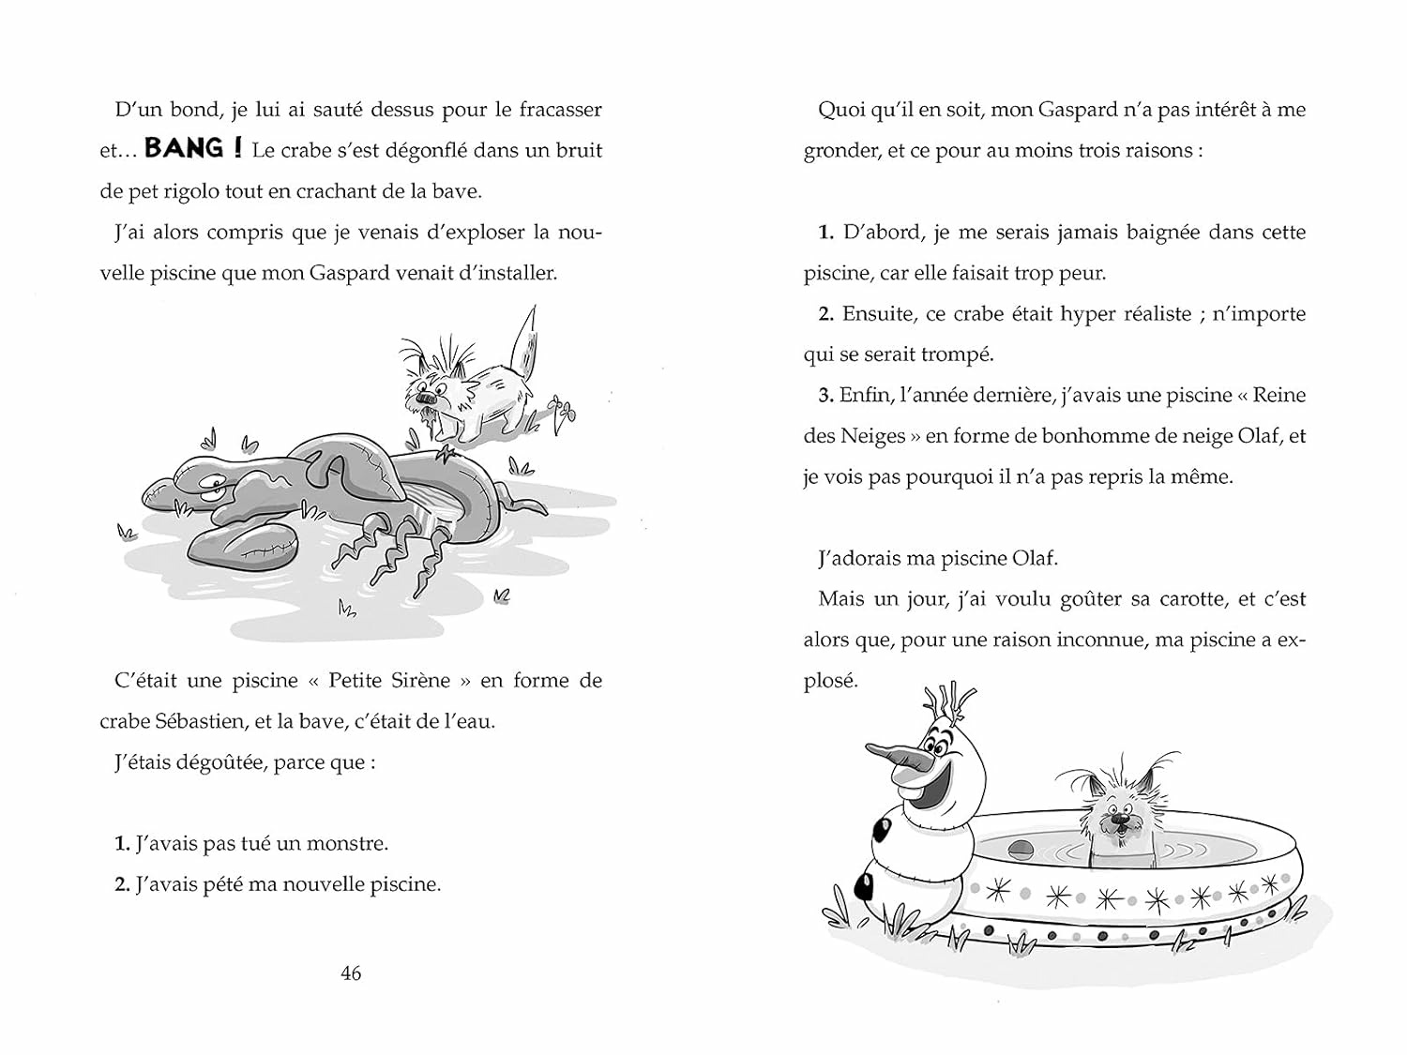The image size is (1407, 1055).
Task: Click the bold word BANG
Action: point(184,148)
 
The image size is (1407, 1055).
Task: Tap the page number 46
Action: point(351,973)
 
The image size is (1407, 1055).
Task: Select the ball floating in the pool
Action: point(1019,851)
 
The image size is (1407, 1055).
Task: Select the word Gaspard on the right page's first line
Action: point(1078,109)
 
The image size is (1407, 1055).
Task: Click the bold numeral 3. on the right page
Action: point(825,395)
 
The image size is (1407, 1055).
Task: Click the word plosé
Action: point(830,681)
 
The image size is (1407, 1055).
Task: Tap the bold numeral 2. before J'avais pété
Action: point(122,884)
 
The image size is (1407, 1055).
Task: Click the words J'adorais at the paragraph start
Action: point(861,558)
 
